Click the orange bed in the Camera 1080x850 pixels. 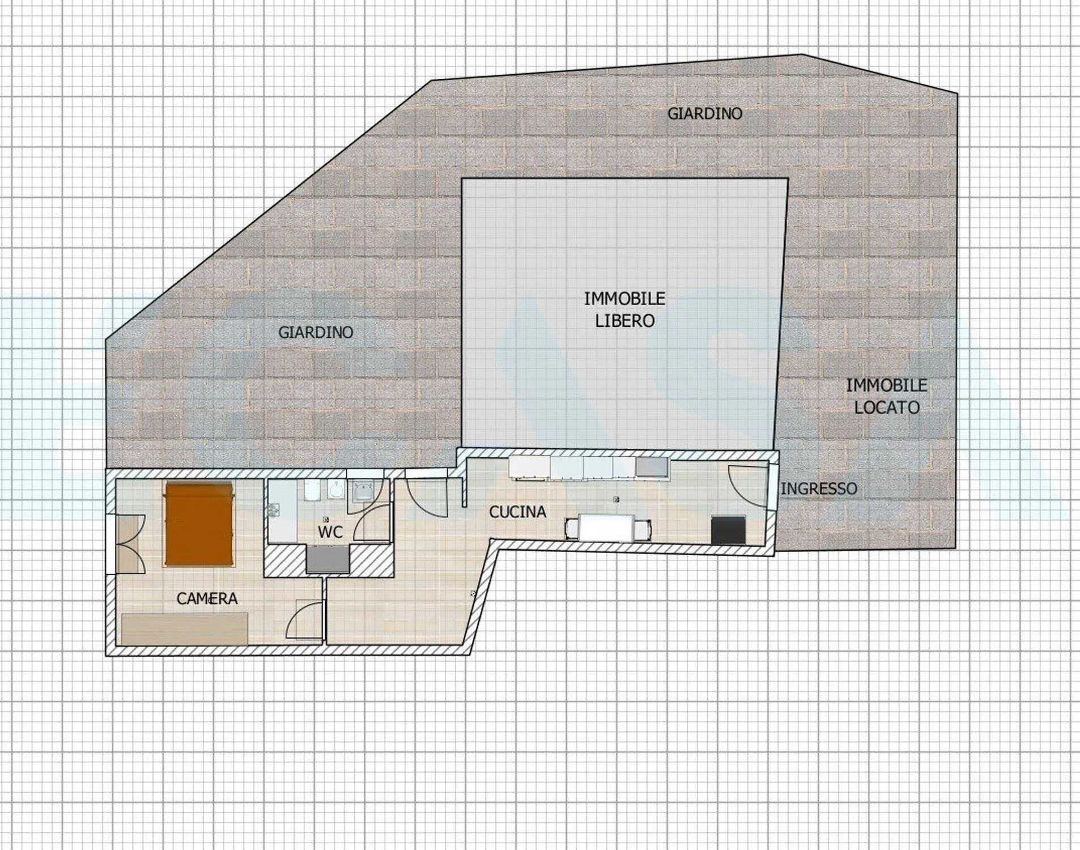point(199,524)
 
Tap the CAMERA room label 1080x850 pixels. point(207,598)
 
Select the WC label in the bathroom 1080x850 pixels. point(330,532)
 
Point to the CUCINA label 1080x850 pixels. point(517,512)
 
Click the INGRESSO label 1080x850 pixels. point(819,488)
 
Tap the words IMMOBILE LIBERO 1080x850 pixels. point(624,309)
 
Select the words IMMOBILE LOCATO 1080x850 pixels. point(887,396)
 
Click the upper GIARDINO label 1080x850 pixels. point(704,114)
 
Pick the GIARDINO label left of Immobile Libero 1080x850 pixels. point(316,332)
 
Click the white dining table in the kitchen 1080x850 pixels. point(607,528)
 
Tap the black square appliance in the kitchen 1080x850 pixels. point(728,530)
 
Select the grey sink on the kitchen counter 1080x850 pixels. point(652,467)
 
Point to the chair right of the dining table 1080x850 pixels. point(643,529)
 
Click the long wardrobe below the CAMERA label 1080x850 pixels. point(185,629)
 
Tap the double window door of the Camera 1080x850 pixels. point(126,544)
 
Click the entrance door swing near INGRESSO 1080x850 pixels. point(749,486)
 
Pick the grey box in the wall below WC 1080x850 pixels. point(328,559)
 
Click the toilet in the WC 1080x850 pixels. point(312,491)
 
